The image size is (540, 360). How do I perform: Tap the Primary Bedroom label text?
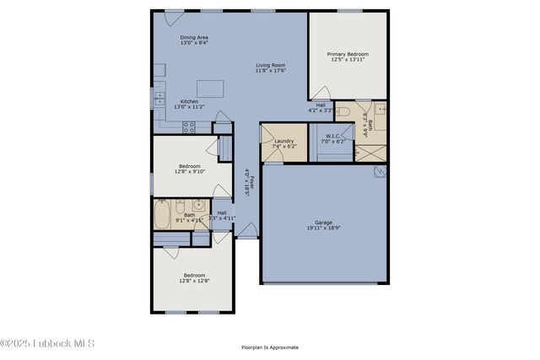tap(348, 54)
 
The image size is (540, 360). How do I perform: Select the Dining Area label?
tap(194, 37)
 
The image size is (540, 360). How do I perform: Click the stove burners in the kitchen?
tap(190, 127)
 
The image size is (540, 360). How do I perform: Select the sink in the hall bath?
tap(197, 205)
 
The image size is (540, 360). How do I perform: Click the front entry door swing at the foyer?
tap(246, 230)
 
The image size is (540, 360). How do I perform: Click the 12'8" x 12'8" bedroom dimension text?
tap(194, 281)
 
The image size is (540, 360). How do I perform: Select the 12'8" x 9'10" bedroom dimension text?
tap(189, 172)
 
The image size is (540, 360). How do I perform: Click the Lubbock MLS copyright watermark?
tap(47, 343)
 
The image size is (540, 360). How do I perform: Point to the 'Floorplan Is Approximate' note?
tap(269, 347)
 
